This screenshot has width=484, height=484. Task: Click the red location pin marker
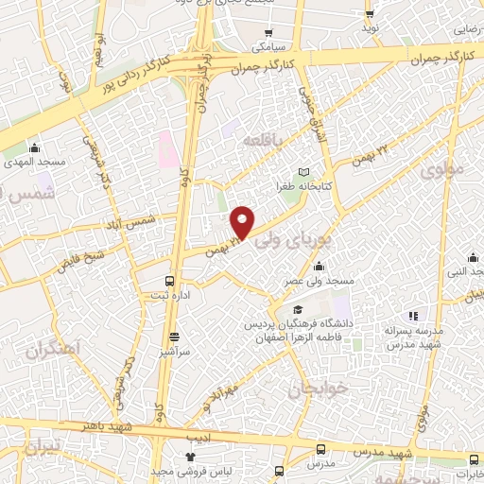244,222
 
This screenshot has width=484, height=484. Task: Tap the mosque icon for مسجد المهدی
35,147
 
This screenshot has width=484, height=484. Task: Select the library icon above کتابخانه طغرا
303,172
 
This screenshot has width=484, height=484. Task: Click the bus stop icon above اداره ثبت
170,281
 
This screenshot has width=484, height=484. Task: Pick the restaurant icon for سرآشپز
174,335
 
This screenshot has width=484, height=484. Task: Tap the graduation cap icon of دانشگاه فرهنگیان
299,310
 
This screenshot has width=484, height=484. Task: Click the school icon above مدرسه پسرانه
411,317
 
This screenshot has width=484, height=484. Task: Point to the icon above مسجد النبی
473,257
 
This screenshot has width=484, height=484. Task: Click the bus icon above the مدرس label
321,450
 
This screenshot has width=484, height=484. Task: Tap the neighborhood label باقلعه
263,140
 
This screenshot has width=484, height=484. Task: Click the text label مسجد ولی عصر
321,282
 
